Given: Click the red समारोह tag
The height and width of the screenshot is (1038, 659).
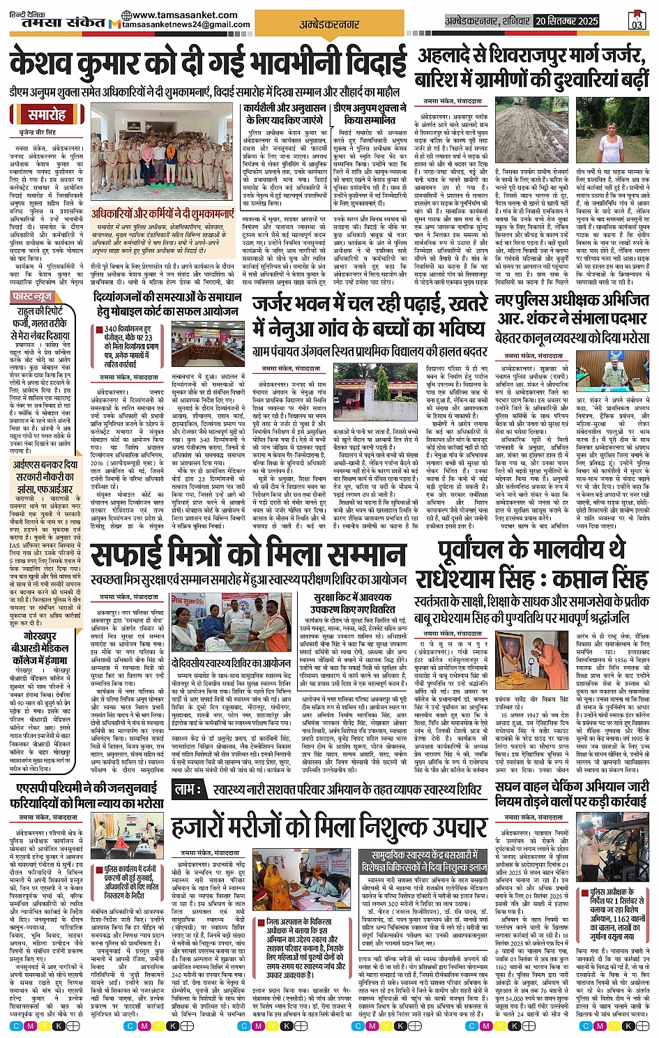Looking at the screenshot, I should [47, 115].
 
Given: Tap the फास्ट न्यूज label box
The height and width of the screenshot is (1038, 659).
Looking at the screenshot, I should [33, 297].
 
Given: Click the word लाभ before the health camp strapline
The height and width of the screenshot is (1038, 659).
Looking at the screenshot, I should [188, 788].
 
